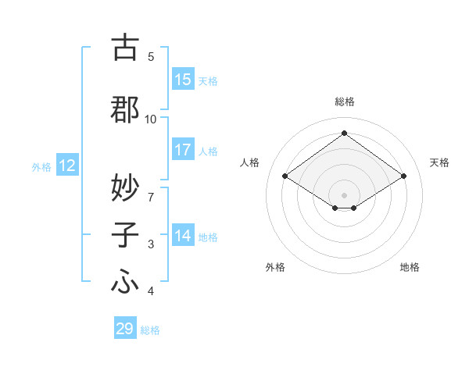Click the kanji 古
point(125,48)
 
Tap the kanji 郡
point(125,109)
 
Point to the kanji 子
point(125,235)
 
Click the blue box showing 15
point(183,80)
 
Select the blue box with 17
point(183,150)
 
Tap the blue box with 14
point(183,236)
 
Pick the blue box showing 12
point(67,166)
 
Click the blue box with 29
point(125,329)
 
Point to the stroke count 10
point(151,119)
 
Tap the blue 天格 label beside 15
point(208,80)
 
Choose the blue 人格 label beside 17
point(208,151)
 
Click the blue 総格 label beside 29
point(150,330)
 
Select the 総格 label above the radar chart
point(344,102)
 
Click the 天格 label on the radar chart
point(439,162)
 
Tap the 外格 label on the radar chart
point(275,267)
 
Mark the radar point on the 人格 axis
point(285,176)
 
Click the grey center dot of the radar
point(344,194)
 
